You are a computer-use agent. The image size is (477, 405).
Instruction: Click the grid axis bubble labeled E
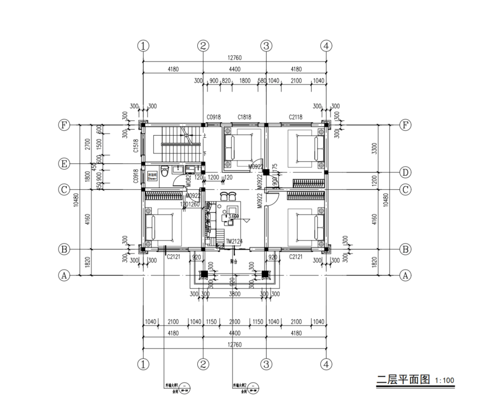pos(64,164)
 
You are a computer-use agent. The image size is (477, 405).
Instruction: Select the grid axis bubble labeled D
pos(405,172)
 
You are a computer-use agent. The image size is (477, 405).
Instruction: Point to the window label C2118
pos(295,118)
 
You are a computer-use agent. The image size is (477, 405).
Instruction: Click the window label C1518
pos(136,145)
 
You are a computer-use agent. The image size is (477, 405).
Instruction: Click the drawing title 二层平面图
pos(403,379)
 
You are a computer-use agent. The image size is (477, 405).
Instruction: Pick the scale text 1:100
pos(444,380)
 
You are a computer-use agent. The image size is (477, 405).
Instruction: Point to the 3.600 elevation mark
pos(233,216)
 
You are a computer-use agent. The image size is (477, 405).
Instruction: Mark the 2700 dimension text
pos(87,144)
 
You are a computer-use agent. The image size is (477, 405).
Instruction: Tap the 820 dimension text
pos(226,81)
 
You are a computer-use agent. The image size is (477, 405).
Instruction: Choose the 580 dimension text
pos(262,81)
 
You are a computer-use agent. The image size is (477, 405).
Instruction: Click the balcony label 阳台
pos(234,262)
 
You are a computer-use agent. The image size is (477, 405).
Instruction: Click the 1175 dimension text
pos(275,167)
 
